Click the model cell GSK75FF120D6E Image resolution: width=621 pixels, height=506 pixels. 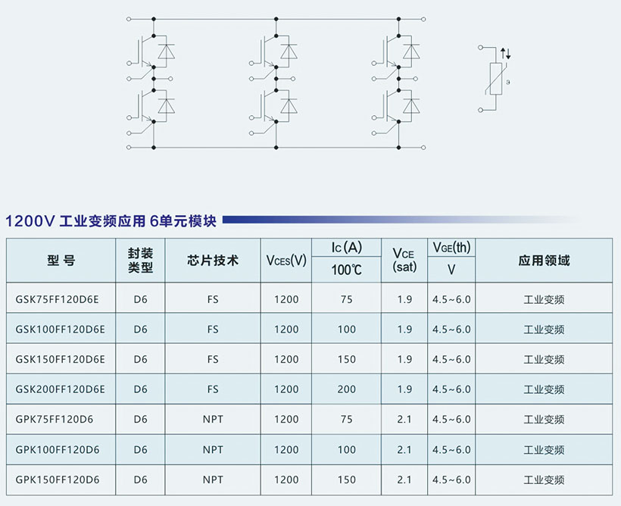(57, 299)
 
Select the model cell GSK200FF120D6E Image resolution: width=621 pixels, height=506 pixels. (60, 389)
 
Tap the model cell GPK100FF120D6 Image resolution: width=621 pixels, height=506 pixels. (57, 449)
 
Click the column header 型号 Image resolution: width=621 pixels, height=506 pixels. (61, 261)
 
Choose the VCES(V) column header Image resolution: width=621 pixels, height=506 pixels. (286, 261)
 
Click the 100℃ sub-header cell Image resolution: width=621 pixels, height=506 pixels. (347, 270)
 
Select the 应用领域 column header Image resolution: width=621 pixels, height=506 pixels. (544, 261)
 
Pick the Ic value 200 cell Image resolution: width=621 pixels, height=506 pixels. (347, 389)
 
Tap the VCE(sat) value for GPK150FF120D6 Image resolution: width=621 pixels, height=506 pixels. (404, 479)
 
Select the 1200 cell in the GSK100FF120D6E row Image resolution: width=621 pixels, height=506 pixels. (286, 330)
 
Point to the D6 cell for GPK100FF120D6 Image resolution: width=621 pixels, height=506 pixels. (140, 449)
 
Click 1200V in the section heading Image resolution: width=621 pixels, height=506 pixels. (29, 222)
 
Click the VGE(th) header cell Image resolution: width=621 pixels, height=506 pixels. (451, 248)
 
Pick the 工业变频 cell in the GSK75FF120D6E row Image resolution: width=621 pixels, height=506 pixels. (544, 299)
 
